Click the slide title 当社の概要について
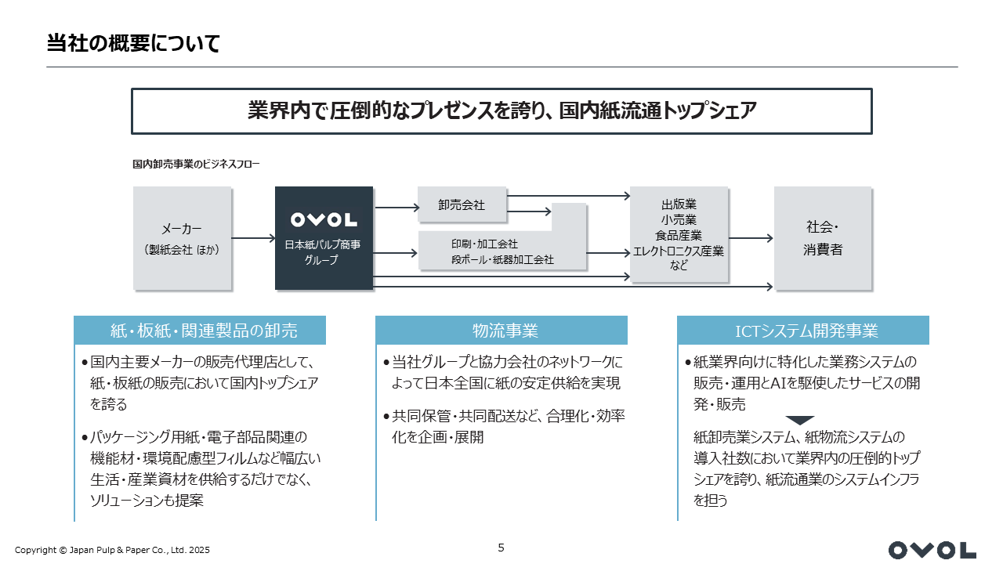click(133, 43)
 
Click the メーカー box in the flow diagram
click(183, 238)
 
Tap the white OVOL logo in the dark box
click(324, 220)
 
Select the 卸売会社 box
click(462, 204)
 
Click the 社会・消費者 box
click(823, 238)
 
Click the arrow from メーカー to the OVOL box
click(253, 238)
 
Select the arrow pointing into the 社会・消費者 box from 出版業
click(751, 238)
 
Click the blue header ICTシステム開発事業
click(803, 331)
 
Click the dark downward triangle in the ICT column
click(800, 421)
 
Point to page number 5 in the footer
click(501, 548)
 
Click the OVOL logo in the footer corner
click(932, 550)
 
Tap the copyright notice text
click(112, 550)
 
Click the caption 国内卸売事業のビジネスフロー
click(196, 164)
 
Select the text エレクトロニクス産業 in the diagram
click(679, 251)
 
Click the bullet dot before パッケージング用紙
click(85, 437)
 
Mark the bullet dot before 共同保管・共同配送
click(386, 417)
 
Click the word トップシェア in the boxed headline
click(709, 110)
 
